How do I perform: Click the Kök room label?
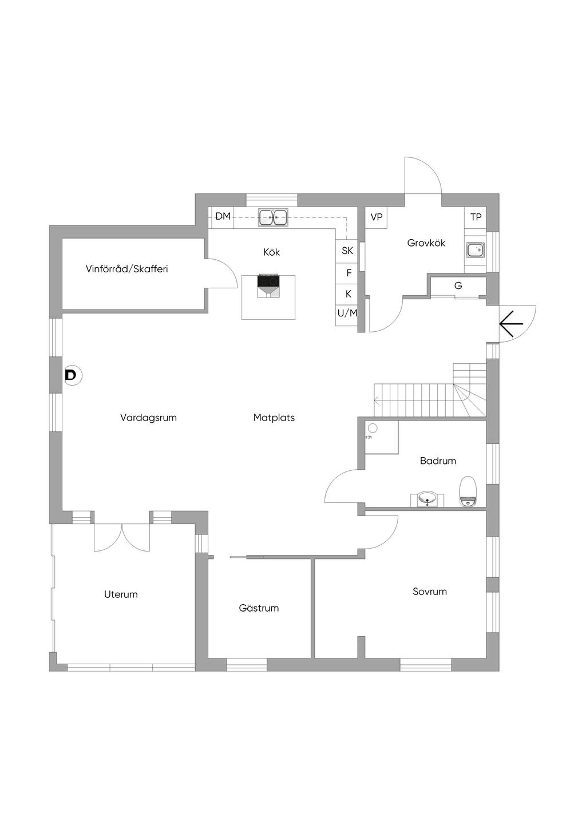[x=271, y=252]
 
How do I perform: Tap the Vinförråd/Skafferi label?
[x=126, y=269]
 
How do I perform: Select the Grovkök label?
[x=426, y=243]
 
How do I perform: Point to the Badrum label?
[x=438, y=461]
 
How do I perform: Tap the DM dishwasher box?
[x=223, y=217]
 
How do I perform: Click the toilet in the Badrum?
[x=467, y=492]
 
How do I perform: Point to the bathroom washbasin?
[x=427, y=499]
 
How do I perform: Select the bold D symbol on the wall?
[x=70, y=375]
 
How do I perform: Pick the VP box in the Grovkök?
[x=376, y=217]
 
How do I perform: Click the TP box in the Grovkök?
[x=476, y=217]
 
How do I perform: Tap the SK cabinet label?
[x=347, y=251]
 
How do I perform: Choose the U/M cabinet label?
[x=347, y=313]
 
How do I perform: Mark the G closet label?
[x=458, y=285]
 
